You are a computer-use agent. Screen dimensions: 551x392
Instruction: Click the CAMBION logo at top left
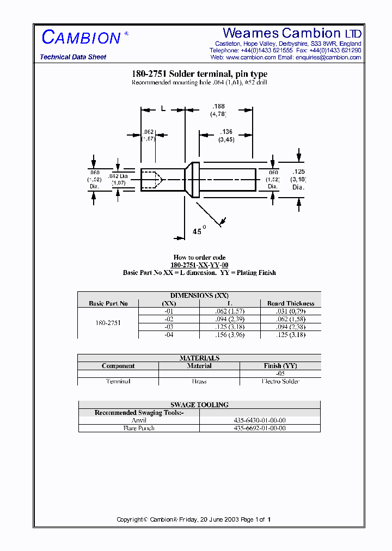(x=82, y=38)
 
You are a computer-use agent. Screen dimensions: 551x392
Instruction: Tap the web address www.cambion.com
(x=250, y=57)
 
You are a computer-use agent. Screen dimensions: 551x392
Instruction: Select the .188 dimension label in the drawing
(x=218, y=106)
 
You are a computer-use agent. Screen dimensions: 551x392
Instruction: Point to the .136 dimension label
(x=226, y=132)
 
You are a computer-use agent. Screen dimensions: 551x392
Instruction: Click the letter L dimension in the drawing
(x=162, y=109)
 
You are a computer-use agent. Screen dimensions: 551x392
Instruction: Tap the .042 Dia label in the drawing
(x=118, y=176)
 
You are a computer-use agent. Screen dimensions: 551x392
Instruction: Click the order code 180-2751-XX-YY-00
(x=199, y=265)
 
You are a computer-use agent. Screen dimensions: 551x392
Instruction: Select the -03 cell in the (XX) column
(x=169, y=327)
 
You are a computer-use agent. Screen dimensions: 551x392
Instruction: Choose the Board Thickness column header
(x=290, y=303)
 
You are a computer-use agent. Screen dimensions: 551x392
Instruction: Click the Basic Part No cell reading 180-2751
(x=108, y=323)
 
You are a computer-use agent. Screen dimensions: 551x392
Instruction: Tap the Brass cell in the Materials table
(x=199, y=381)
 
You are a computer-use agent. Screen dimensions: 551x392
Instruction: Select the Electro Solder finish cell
(x=280, y=381)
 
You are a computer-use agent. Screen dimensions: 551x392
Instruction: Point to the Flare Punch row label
(x=139, y=428)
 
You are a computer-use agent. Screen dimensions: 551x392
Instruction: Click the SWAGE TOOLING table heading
(x=199, y=405)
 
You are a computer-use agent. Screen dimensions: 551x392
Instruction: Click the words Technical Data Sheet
(x=73, y=57)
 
